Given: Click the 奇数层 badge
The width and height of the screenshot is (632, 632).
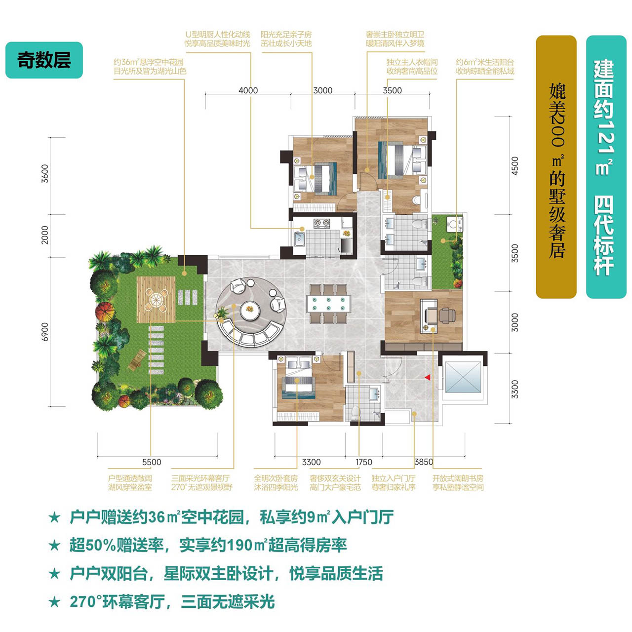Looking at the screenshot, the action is (44, 60).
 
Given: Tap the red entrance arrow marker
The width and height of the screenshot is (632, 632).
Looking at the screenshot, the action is (428, 378).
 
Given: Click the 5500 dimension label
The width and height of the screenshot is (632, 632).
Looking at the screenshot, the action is (152, 462).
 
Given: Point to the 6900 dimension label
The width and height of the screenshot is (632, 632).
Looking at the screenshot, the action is (45, 332).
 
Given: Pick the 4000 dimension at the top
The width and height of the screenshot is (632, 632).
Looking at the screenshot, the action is (248, 90).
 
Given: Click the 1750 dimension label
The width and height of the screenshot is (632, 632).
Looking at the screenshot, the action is (364, 462).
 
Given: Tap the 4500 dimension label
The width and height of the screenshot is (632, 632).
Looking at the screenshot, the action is (515, 165).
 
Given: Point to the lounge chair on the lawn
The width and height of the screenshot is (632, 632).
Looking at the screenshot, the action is (138, 360).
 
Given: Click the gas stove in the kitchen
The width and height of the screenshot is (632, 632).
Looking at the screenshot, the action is (321, 223).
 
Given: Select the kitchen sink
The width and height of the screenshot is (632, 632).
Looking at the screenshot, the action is (300, 239).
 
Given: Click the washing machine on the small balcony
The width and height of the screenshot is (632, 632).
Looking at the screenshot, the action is (454, 224).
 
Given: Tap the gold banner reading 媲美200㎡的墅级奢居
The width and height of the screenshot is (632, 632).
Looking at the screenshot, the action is (556, 167).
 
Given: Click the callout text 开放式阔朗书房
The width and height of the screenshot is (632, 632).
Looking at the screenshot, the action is (458, 478).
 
